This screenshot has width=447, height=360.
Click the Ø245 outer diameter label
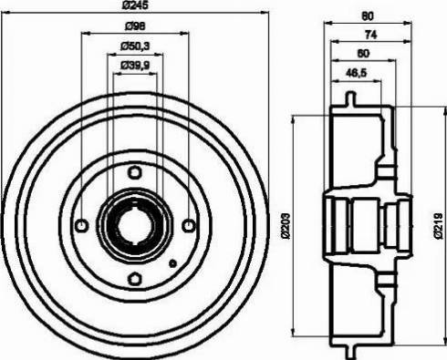(135, 7)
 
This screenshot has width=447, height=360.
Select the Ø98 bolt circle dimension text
(135, 26)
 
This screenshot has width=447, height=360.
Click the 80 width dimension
(364, 14)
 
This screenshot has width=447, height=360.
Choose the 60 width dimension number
(364, 54)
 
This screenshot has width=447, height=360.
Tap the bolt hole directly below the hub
(135, 279)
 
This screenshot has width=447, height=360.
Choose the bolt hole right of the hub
(189, 225)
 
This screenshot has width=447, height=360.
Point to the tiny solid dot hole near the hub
(172, 263)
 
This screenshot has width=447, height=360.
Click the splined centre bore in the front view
(135, 225)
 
